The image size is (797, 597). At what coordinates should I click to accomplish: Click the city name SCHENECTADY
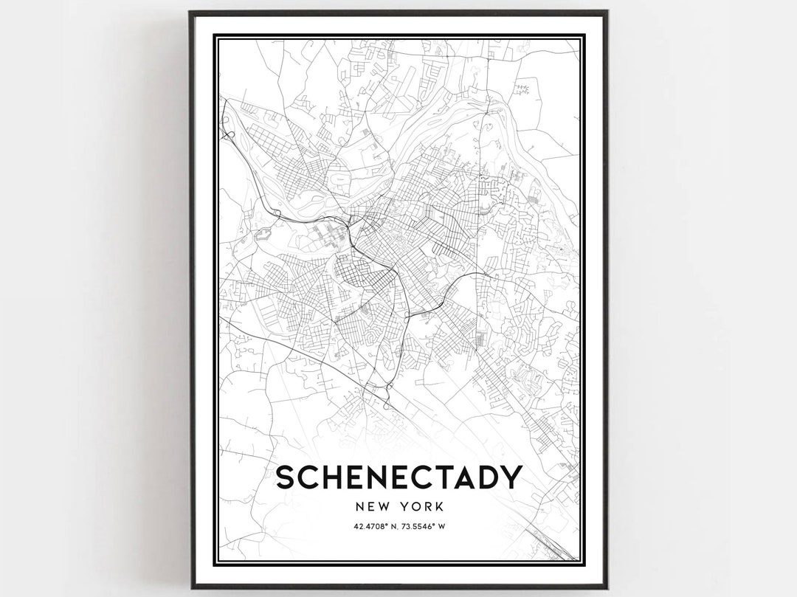tap(398, 477)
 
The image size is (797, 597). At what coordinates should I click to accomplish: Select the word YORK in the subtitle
tap(422, 507)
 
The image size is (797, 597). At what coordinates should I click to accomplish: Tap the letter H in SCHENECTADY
tap(331, 477)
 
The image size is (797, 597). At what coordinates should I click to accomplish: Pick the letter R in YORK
tap(427, 507)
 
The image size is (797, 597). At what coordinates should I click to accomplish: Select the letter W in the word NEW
tap(383, 507)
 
